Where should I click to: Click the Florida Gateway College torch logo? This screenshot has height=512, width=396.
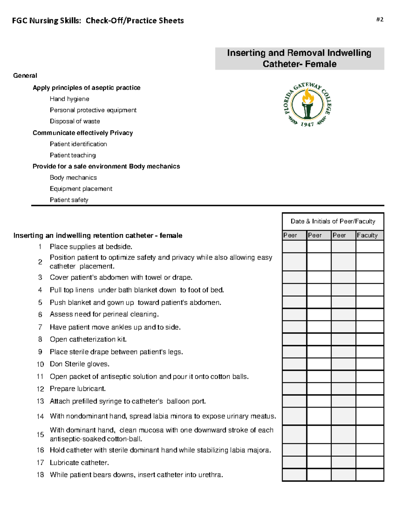pyautogui.click(x=307, y=104)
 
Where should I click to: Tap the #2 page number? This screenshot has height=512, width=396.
pyautogui.click(x=379, y=19)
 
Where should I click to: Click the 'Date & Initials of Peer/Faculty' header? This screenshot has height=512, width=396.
pyautogui.click(x=333, y=221)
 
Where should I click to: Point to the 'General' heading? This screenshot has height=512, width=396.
pyautogui.click(x=25, y=75)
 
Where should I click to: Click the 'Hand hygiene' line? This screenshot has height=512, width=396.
pyautogui.click(x=69, y=99)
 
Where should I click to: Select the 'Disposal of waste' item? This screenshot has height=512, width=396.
pyautogui.click(x=75, y=121)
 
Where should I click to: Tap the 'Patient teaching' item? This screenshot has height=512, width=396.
pyautogui.click(x=73, y=155)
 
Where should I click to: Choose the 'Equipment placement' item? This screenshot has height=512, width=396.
pyautogui.click(x=81, y=189)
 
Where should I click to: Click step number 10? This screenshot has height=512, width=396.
pyautogui.click(x=40, y=364)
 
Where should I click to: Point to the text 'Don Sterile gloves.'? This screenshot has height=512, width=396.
pyautogui.click(x=80, y=364)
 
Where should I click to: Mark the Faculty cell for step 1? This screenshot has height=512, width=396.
pyautogui.click(x=370, y=247)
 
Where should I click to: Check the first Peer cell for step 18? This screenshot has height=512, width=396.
pyautogui.click(x=294, y=475)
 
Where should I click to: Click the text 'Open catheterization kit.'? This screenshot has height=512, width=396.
pyautogui.click(x=88, y=339)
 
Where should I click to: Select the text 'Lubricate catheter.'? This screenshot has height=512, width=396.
pyautogui.click(x=79, y=463)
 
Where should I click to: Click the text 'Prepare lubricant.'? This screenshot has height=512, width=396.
pyautogui.click(x=78, y=389)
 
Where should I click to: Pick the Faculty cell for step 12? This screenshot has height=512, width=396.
pyautogui.click(x=370, y=389)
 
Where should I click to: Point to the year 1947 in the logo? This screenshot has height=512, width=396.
pyautogui.click(x=307, y=124)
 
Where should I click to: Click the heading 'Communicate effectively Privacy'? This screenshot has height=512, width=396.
pyautogui.click(x=82, y=133)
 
